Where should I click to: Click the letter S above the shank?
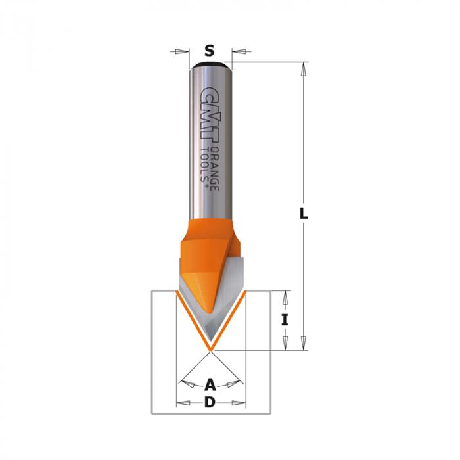(209, 51)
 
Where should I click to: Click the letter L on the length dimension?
(304, 214)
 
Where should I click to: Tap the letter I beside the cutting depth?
(285, 320)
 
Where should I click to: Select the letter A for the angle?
(210, 384)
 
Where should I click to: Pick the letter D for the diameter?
(210, 402)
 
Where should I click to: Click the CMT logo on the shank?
(210, 115)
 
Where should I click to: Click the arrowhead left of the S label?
(182, 52)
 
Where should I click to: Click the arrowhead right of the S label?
(239, 52)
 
